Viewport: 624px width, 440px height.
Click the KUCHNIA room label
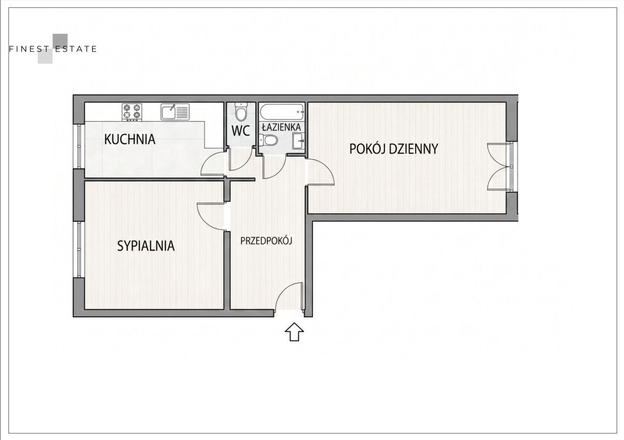(129, 139)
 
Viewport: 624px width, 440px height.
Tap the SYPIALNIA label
(146, 246)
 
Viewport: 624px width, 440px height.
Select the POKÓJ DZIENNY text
(394, 149)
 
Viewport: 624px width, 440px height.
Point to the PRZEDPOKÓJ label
(266, 241)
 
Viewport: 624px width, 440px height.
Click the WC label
(241, 131)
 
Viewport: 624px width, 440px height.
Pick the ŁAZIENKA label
(281, 127)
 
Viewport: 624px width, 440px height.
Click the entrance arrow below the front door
(294, 332)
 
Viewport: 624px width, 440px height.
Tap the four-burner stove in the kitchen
(132, 112)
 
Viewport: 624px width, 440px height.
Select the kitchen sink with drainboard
(175, 112)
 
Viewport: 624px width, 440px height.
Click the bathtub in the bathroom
(282, 112)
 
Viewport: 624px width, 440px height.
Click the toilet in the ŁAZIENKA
(268, 140)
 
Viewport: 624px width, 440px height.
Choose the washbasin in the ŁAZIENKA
(298, 141)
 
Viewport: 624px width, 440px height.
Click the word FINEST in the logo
(29, 49)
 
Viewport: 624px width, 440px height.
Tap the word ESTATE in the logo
(76, 49)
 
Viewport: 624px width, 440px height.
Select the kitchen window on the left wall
(79, 146)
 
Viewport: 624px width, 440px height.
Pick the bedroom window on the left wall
(79, 250)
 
